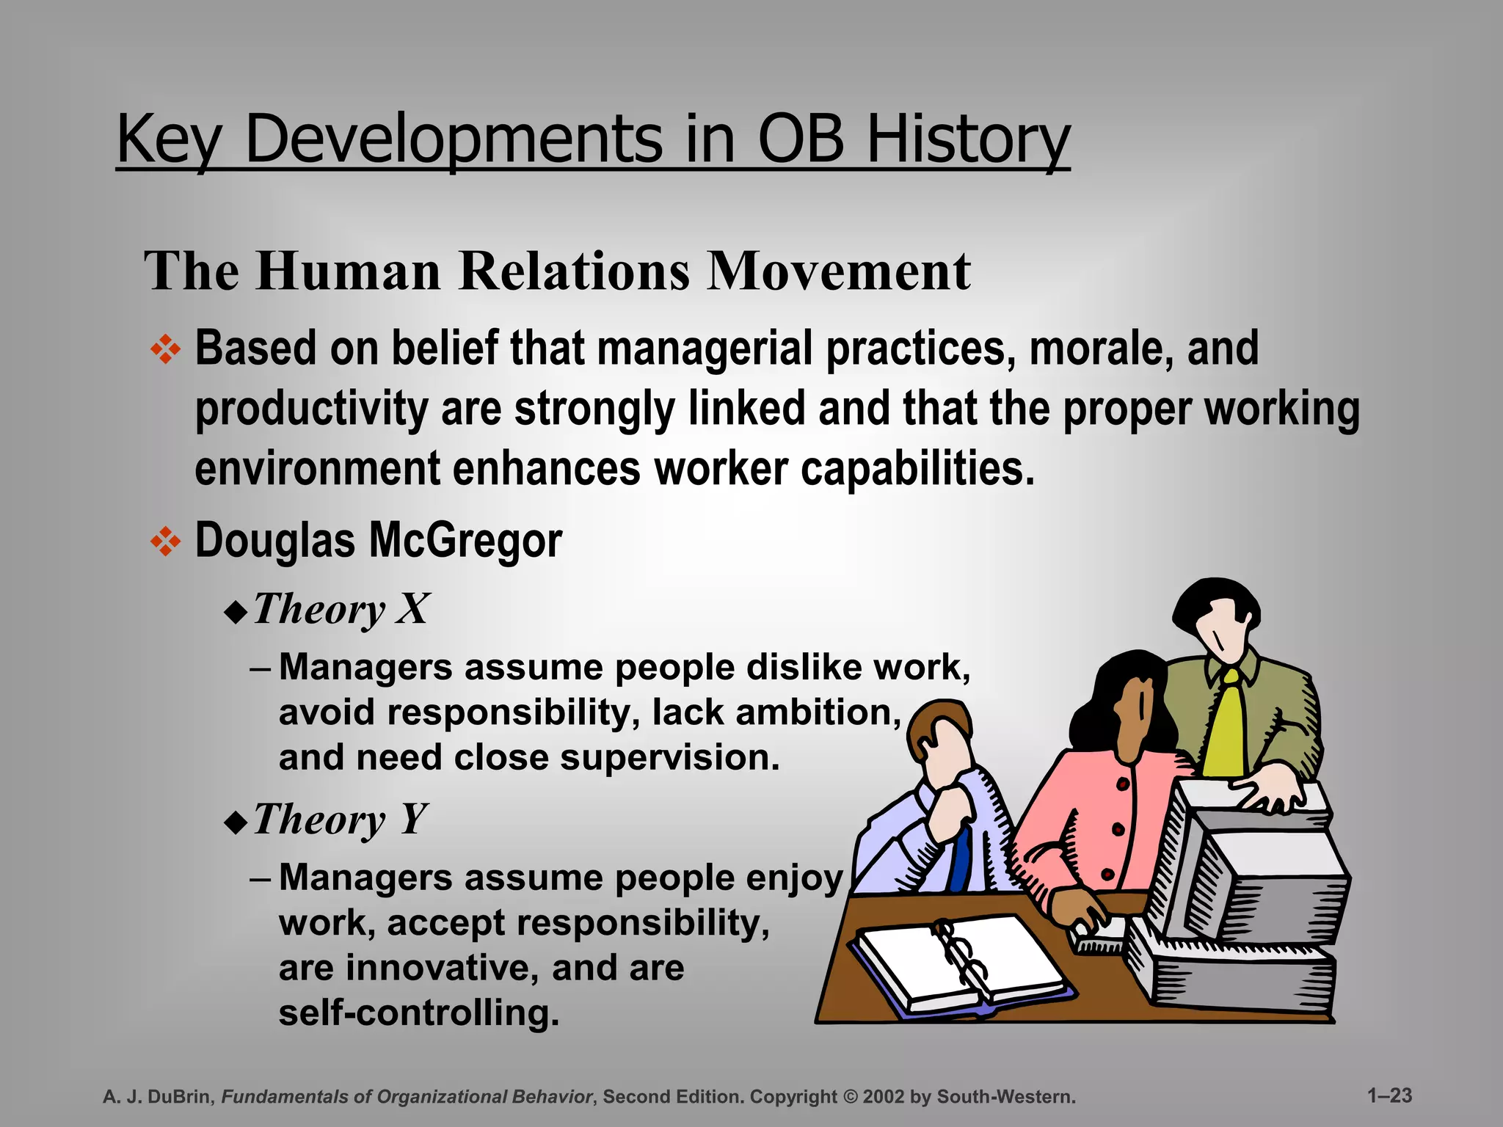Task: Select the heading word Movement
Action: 838,271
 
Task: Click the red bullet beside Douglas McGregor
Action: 166,541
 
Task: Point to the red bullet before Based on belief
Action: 166,349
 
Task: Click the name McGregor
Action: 465,541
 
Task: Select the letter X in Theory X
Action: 412,609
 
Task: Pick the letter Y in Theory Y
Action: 414,819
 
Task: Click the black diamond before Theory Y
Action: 236,823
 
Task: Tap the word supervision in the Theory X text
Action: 669,757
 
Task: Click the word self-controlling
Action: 418,1013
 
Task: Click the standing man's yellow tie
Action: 1224,726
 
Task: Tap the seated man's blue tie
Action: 960,858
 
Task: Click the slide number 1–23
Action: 1389,1095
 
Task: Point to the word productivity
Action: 312,409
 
